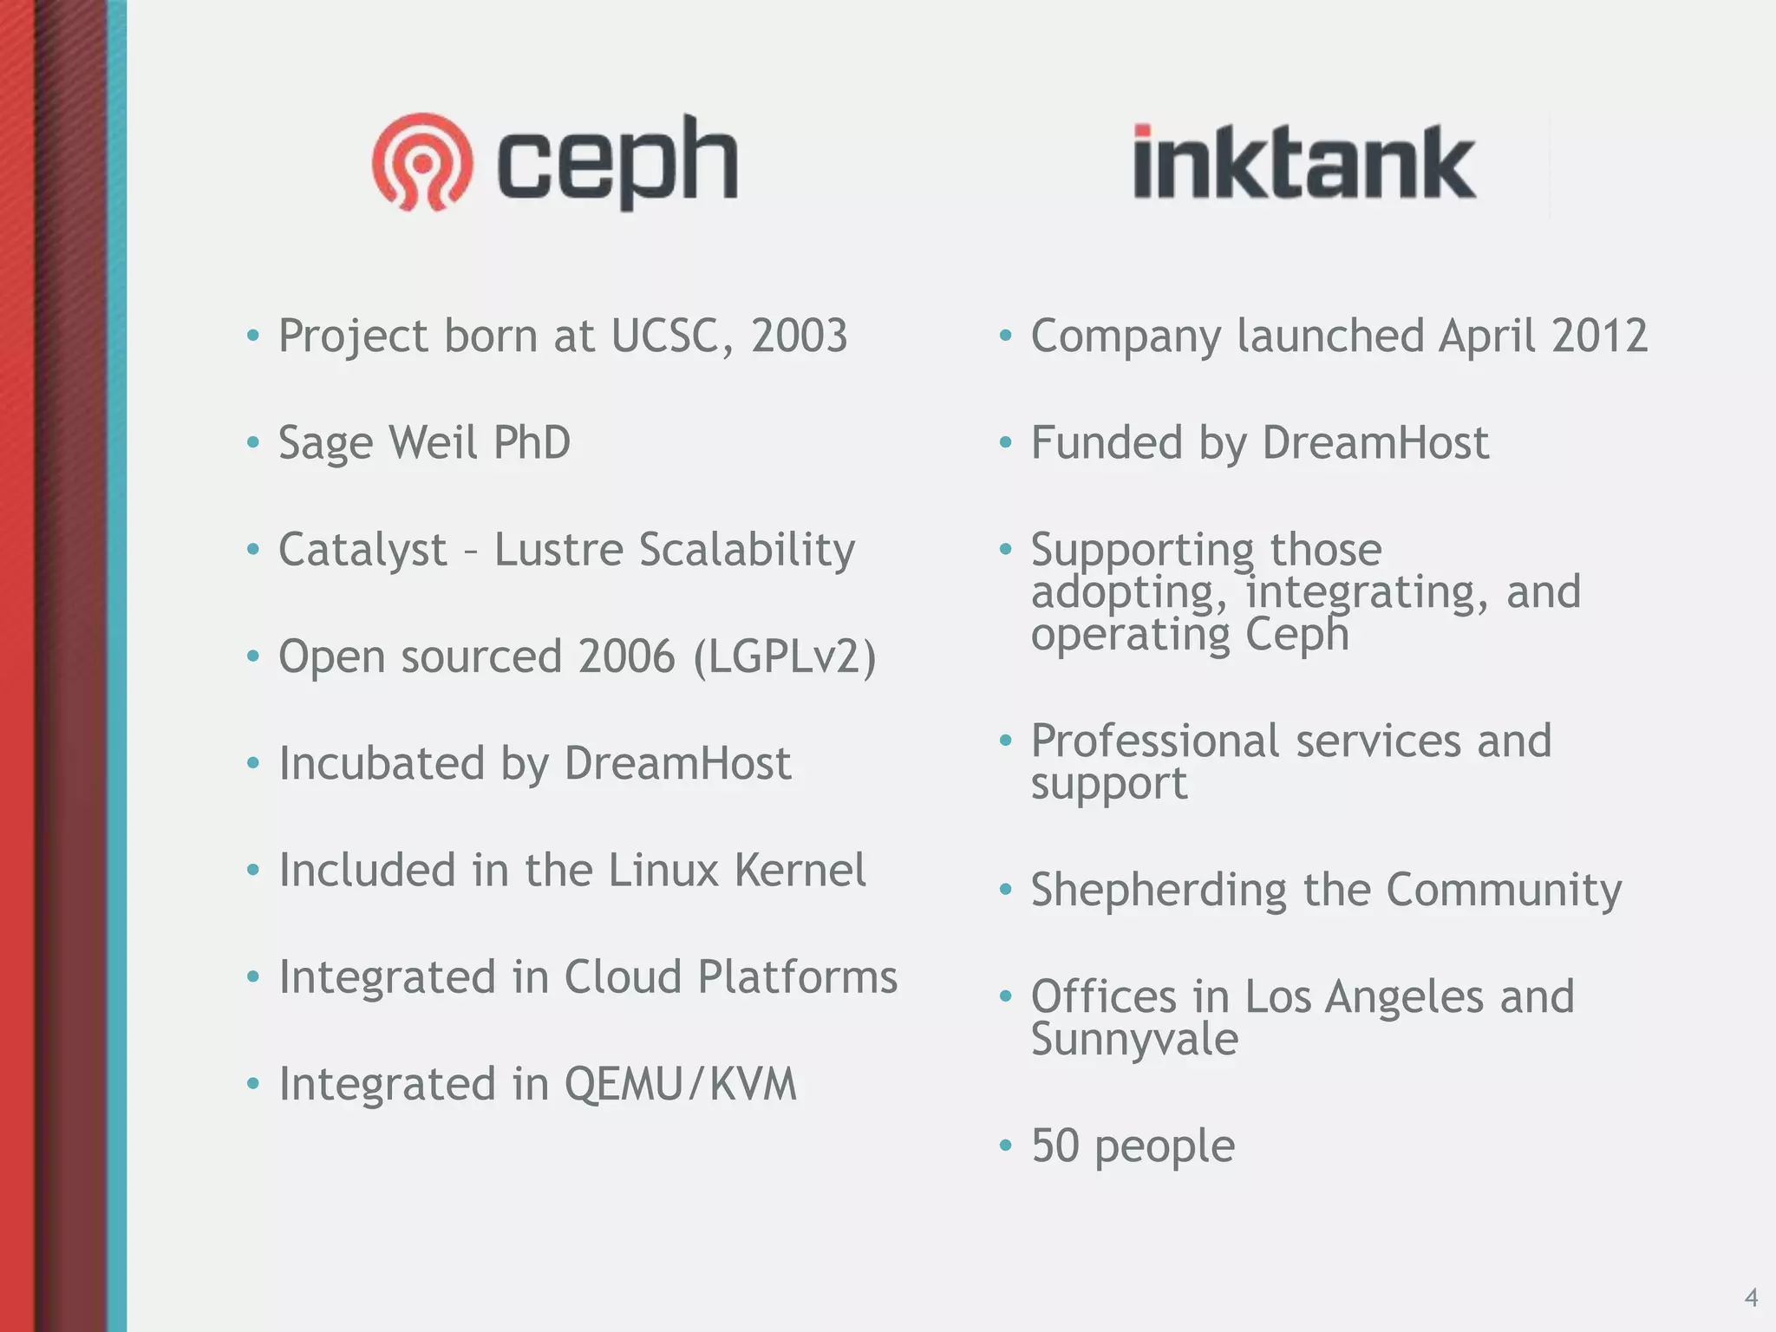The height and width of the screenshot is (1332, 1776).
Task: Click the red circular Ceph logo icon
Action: point(422,162)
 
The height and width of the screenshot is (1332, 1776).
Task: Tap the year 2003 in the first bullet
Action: point(799,336)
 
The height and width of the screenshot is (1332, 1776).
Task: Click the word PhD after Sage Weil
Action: point(531,442)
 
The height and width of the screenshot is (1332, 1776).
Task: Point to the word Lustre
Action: point(558,550)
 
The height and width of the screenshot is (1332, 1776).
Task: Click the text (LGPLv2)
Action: point(785,656)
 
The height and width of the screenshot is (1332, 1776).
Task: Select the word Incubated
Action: point(381,763)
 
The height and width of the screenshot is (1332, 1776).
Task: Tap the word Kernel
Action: point(800,870)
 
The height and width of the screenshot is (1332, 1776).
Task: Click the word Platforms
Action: point(797,976)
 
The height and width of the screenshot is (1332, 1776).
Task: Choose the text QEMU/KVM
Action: point(680,1084)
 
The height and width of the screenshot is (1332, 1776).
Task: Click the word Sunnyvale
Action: point(1134,1040)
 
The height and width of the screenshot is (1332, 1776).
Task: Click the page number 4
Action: point(1751,1298)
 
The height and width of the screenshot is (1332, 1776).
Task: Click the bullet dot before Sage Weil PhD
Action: point(253,443)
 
